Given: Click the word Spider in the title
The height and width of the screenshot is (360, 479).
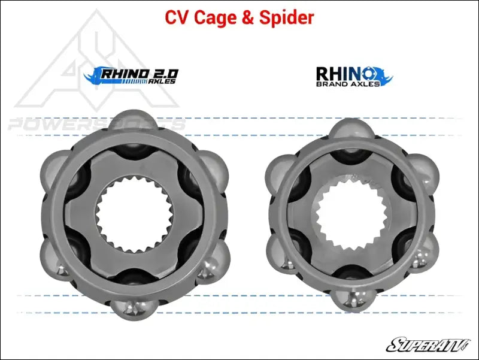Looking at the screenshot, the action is [x=287, y=17].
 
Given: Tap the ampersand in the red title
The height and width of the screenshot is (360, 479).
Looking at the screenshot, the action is [x=248, y=18].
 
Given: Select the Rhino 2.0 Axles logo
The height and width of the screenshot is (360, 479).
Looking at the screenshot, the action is [x=131, y=75].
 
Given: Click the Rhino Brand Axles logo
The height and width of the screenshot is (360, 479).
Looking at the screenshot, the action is [x=354, y=77].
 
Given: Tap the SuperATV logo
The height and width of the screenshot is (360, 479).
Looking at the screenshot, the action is [x=428, y=344].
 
